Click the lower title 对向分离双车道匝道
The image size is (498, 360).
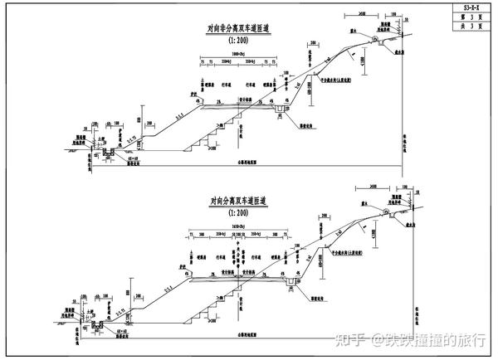tap(242, 201)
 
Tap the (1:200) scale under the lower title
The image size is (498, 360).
tap(242, 212)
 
